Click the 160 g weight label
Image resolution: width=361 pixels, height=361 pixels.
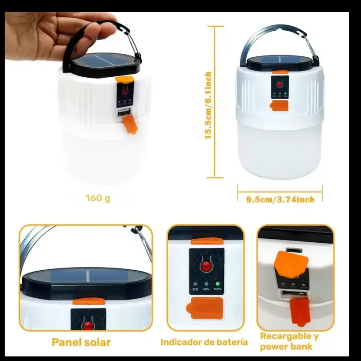98,198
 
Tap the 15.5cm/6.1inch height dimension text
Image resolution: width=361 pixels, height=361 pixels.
208,105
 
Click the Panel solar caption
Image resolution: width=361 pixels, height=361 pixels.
81,342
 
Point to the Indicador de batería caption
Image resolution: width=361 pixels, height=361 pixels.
204,342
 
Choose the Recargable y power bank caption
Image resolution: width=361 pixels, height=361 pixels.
292,341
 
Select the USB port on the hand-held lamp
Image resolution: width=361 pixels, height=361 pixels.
122,115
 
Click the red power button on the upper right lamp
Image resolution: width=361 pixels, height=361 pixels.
280,83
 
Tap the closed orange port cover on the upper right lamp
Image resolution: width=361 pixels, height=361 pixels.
279,106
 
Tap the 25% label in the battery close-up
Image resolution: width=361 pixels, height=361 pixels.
195,289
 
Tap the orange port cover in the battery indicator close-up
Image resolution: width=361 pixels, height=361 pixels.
206,307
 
